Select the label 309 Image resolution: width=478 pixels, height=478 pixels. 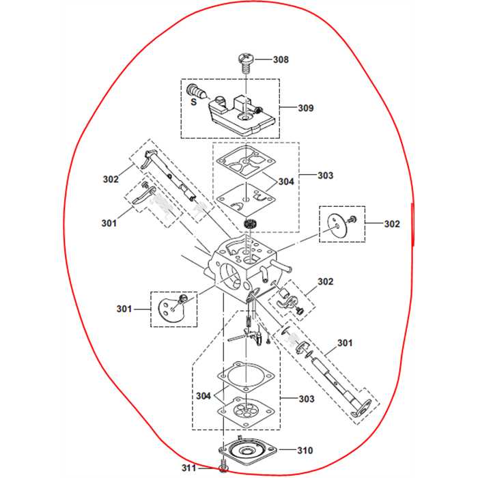click(306, 108)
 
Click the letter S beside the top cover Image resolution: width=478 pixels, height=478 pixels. click(193, 102)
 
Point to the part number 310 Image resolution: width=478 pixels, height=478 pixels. click(305, 451)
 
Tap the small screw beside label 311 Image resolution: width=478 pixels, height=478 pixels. click(224, 467)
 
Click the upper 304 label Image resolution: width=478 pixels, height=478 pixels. click(287, 182)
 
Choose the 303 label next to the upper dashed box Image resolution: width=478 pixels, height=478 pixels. click(326, 175)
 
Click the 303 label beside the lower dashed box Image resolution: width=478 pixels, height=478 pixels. click(306, 399)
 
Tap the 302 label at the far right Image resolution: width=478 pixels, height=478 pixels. click(392, 223)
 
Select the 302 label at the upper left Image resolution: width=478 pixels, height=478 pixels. click(111, 180)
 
